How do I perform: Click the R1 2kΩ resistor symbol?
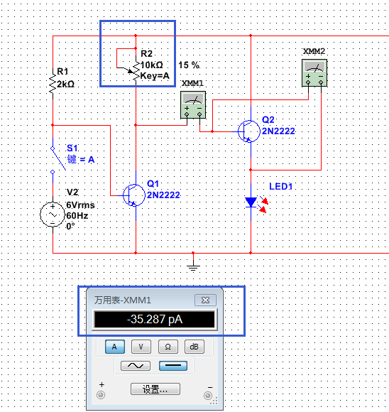click(53, 84)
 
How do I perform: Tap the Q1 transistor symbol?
click(134, 195)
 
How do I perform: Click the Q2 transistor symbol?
click(248, 131)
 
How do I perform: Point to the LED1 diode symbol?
click(251, 202)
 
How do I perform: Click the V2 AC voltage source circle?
click(53, 215)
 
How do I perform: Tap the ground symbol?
click(193, 266)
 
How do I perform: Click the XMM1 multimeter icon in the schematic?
click(193, 104)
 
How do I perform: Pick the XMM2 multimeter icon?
click(314, 72)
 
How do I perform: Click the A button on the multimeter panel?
click(115, 347)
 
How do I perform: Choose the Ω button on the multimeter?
click(168, 347)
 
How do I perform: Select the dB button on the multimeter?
click(194, 347)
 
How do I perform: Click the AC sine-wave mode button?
click(136, 366)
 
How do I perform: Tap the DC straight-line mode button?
click(173, 366)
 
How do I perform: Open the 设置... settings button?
click(155, 389)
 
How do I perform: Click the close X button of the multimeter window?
click(205, 300)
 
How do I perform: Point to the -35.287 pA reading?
click(155, 319)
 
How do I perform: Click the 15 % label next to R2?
click(189, 65)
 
